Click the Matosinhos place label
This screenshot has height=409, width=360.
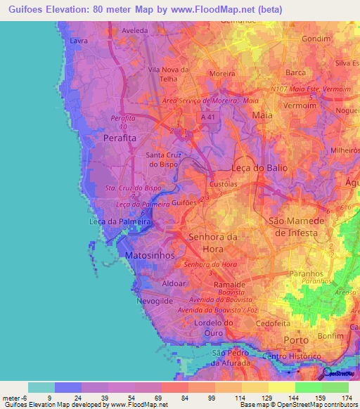(150, 257)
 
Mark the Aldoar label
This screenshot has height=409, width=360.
(174, 283)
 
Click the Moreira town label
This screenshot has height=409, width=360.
(222, 73)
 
